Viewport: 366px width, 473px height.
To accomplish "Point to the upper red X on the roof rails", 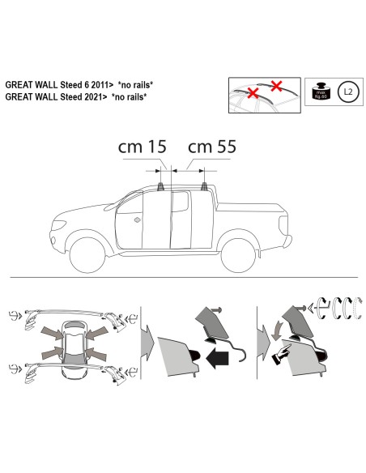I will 277,85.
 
